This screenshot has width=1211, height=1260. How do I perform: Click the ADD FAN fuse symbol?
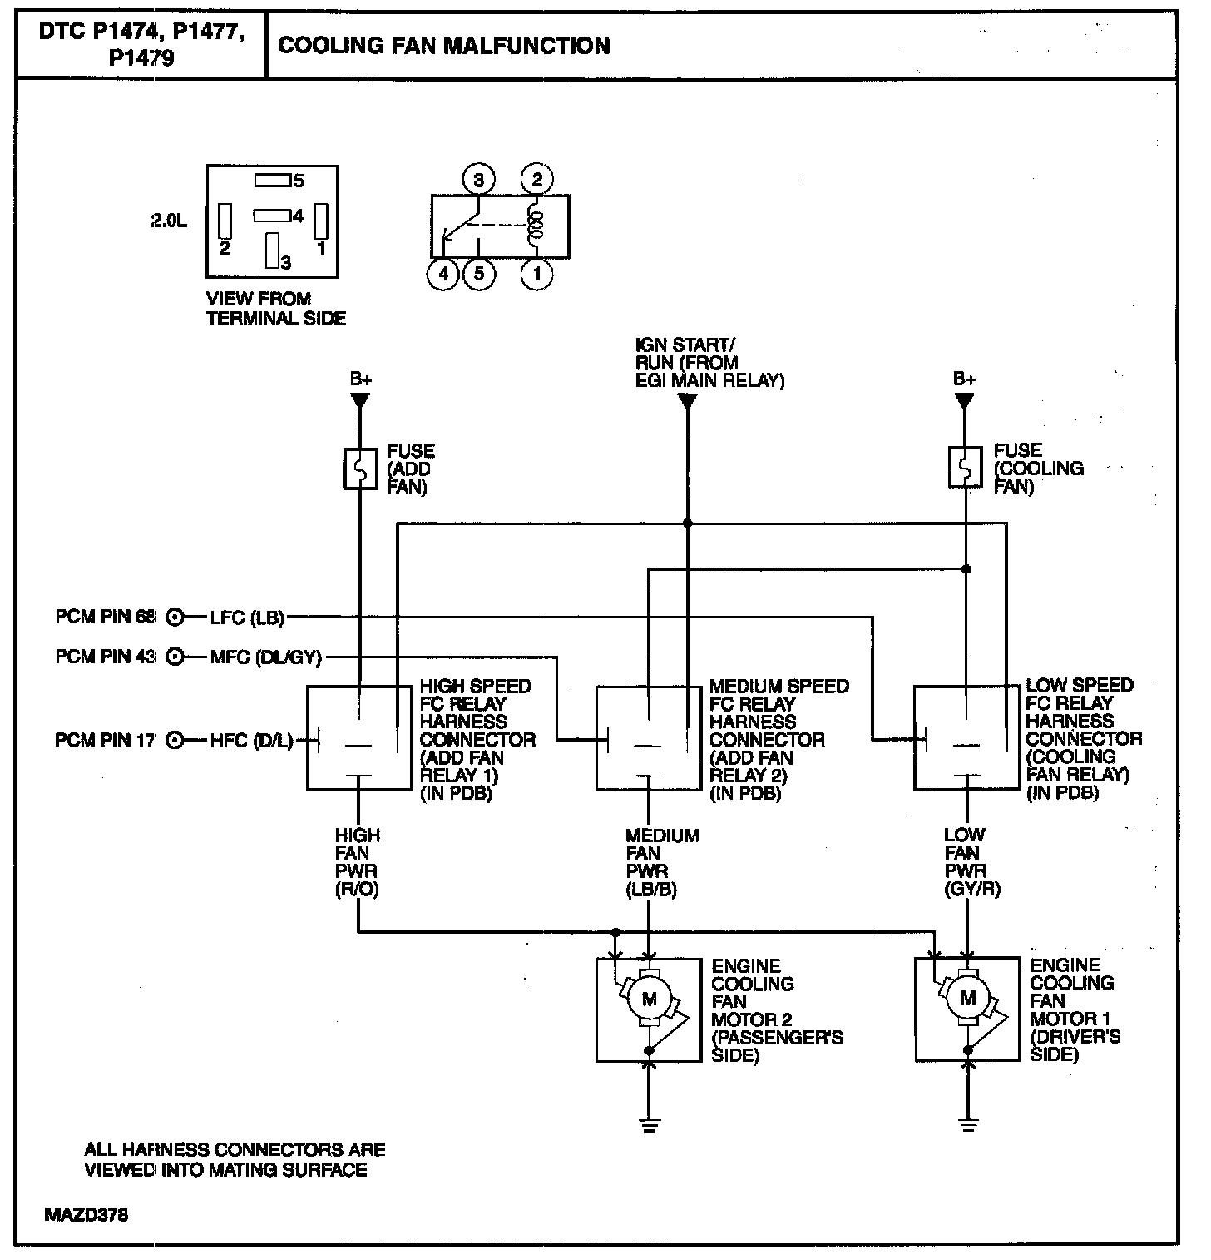click(360, 469)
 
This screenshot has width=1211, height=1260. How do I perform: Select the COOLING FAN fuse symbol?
click(965, 468)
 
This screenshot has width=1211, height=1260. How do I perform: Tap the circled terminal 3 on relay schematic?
click(478, 179)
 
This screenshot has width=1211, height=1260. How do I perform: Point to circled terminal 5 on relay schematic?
click(479, 274)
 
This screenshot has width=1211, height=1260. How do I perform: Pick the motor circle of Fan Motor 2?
click(650, 1000)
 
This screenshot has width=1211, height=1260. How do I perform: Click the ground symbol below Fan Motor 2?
click(650, 1125)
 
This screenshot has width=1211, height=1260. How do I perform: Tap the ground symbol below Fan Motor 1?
click(967, 1125)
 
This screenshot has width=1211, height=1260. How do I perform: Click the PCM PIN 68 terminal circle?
click(175, 618)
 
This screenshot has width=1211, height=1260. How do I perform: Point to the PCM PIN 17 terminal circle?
click(175, 740)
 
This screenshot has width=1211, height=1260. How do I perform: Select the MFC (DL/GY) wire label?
click(265, 657)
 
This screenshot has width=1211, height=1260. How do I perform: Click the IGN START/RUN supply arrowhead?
click(687, 401)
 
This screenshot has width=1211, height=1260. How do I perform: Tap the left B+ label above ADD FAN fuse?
click(360, 379)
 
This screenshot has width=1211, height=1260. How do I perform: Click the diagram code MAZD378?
click(86, 1214)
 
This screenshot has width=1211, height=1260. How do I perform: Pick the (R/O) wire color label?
click(358, 890)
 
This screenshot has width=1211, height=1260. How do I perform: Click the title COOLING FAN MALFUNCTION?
click(443, 46)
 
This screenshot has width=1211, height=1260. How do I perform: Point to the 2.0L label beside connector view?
click(169, 221)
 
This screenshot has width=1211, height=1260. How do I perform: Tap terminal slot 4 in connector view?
click(271, 216)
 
